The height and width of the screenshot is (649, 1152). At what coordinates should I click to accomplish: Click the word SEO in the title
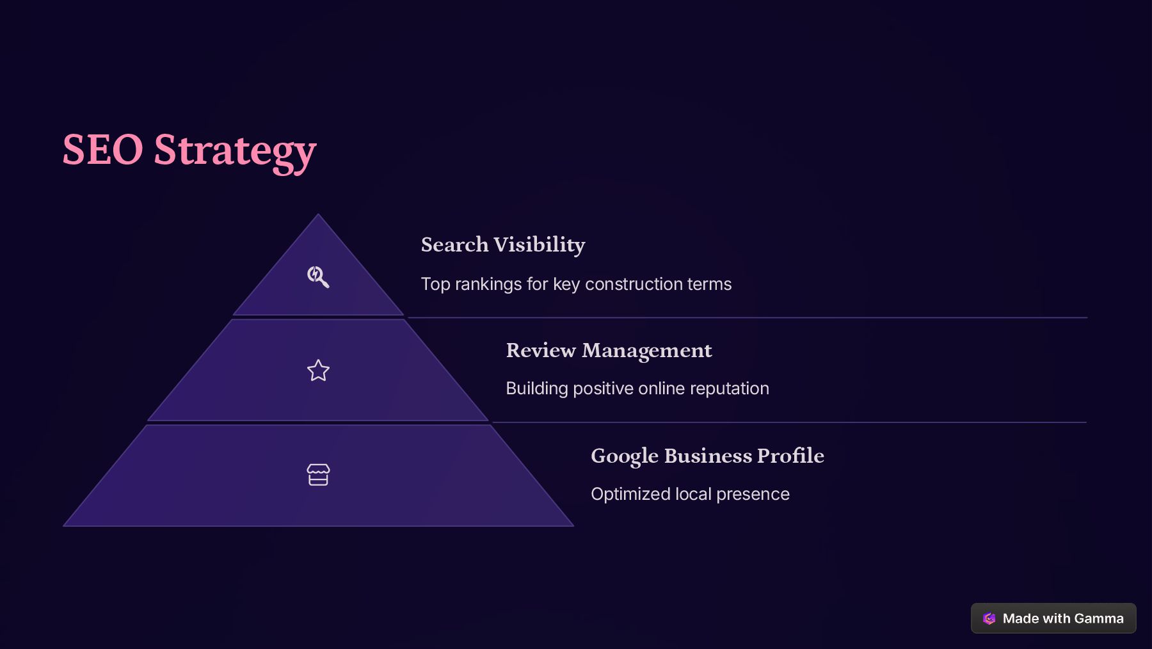(102, 150)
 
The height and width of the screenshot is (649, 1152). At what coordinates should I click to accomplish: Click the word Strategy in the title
(235, 151)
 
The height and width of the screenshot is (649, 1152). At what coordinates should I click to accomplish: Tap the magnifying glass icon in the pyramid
(318, 276)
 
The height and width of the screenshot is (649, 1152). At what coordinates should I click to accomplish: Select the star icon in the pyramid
(318, 371)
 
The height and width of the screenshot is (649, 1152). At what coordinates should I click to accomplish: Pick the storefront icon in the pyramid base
(318, 475)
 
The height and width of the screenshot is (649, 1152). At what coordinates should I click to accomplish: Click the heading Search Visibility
(503, 244)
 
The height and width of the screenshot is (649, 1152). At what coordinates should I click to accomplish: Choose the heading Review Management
(609, 350)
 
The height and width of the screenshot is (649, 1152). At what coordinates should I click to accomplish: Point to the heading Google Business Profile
(707, 456)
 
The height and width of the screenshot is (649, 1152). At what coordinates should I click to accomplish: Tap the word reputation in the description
(730, 389)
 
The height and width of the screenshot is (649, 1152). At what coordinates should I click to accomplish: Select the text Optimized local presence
(690, 494)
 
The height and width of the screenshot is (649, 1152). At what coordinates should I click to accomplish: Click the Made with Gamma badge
(1053, 618)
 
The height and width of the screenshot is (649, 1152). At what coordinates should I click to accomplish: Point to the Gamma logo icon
(989, 618)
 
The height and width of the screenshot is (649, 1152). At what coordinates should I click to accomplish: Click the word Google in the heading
(625, 456)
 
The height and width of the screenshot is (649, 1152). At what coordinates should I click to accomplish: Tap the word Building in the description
(537, 389)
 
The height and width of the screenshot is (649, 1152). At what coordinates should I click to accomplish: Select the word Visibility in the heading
(540, 244)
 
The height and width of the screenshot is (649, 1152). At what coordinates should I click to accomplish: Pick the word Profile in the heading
(790, 456)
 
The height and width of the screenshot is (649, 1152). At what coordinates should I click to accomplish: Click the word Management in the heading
(646, 350)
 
